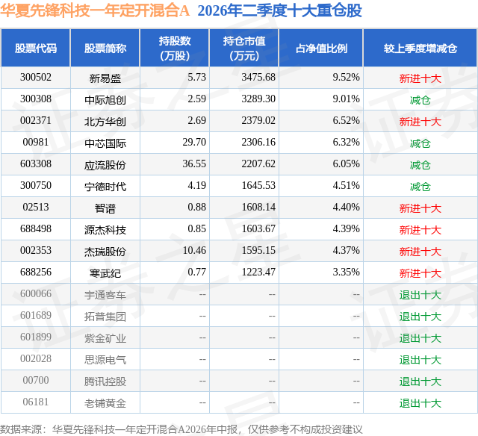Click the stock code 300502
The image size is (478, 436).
pyautogui.click(x=36, y=77)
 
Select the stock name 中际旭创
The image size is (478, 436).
pyautogui.click(x=105, y=99)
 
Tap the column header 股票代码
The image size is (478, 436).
pyautogui.click(x=36, y=48)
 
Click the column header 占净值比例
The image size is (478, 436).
pyautogui.click(x=321, y=48)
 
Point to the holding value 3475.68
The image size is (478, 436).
pyautogui.click(x=258, y=77)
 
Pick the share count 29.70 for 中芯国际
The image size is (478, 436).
pyautogui.click(x=194, y=142)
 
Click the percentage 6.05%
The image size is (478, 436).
pyautogui.click(x=346, y=163)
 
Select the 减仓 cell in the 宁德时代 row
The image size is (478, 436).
pyautogui.click(x=420, y=186)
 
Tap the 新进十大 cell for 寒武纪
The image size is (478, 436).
pyautogui.click(x=420, y=272)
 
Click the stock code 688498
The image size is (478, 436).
pyautogui.click(x=36, y=228)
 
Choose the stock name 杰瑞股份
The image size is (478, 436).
pyautogui.click(x=105, y=251)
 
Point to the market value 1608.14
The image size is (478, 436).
pyautogui.click(x=258, y=207)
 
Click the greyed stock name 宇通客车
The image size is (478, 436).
pyautogui.click(x=105, y=294)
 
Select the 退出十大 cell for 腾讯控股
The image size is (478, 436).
pyautogui.click(x=420, y=381)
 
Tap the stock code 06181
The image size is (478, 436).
pyautogui.click(x=36, y=402)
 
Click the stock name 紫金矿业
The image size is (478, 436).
pyautogui.click(x=105, y=337)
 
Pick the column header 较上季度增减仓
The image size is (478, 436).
pyautogui.click(x=420, y=48)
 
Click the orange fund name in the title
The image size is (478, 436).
pyautogui.click(x=95, y=10)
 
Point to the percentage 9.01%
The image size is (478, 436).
pyautogui.click(x=346, y=99)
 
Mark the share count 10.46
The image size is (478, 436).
pyautogui.click(x=194, y=250)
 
